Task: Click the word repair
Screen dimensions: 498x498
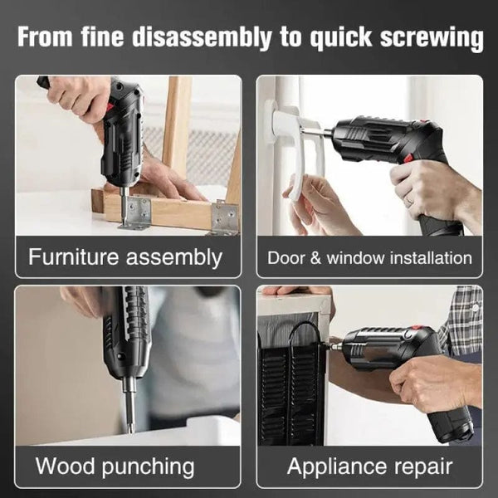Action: click(x=419, y=466)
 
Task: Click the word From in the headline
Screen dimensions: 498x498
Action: click(x=48, y=38)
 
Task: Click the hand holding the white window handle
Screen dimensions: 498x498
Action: click(x=320, y=203)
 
